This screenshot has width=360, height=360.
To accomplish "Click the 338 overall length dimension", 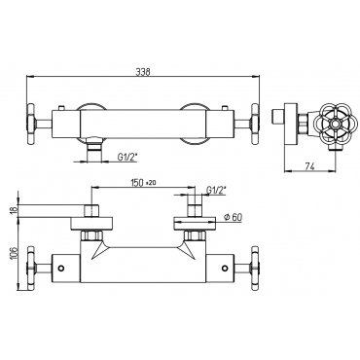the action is [x=142, y=72].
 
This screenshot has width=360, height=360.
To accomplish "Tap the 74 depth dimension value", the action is [x=309, y=166].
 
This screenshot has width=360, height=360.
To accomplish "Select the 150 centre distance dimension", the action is [x=136, y=183].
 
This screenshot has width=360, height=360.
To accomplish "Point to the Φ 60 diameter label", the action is [x=233, y=218].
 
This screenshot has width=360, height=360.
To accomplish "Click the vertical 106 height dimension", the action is [x=14, y=253].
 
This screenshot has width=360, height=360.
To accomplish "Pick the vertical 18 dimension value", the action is [x=14, y=210].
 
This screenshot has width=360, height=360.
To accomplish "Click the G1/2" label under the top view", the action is [x=126, y=158].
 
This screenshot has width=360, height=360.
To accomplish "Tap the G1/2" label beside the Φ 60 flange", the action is [x=216, y=190].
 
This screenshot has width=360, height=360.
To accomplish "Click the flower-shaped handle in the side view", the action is [x=334, y=124].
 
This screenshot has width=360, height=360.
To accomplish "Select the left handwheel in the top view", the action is [x=31, y=124].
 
